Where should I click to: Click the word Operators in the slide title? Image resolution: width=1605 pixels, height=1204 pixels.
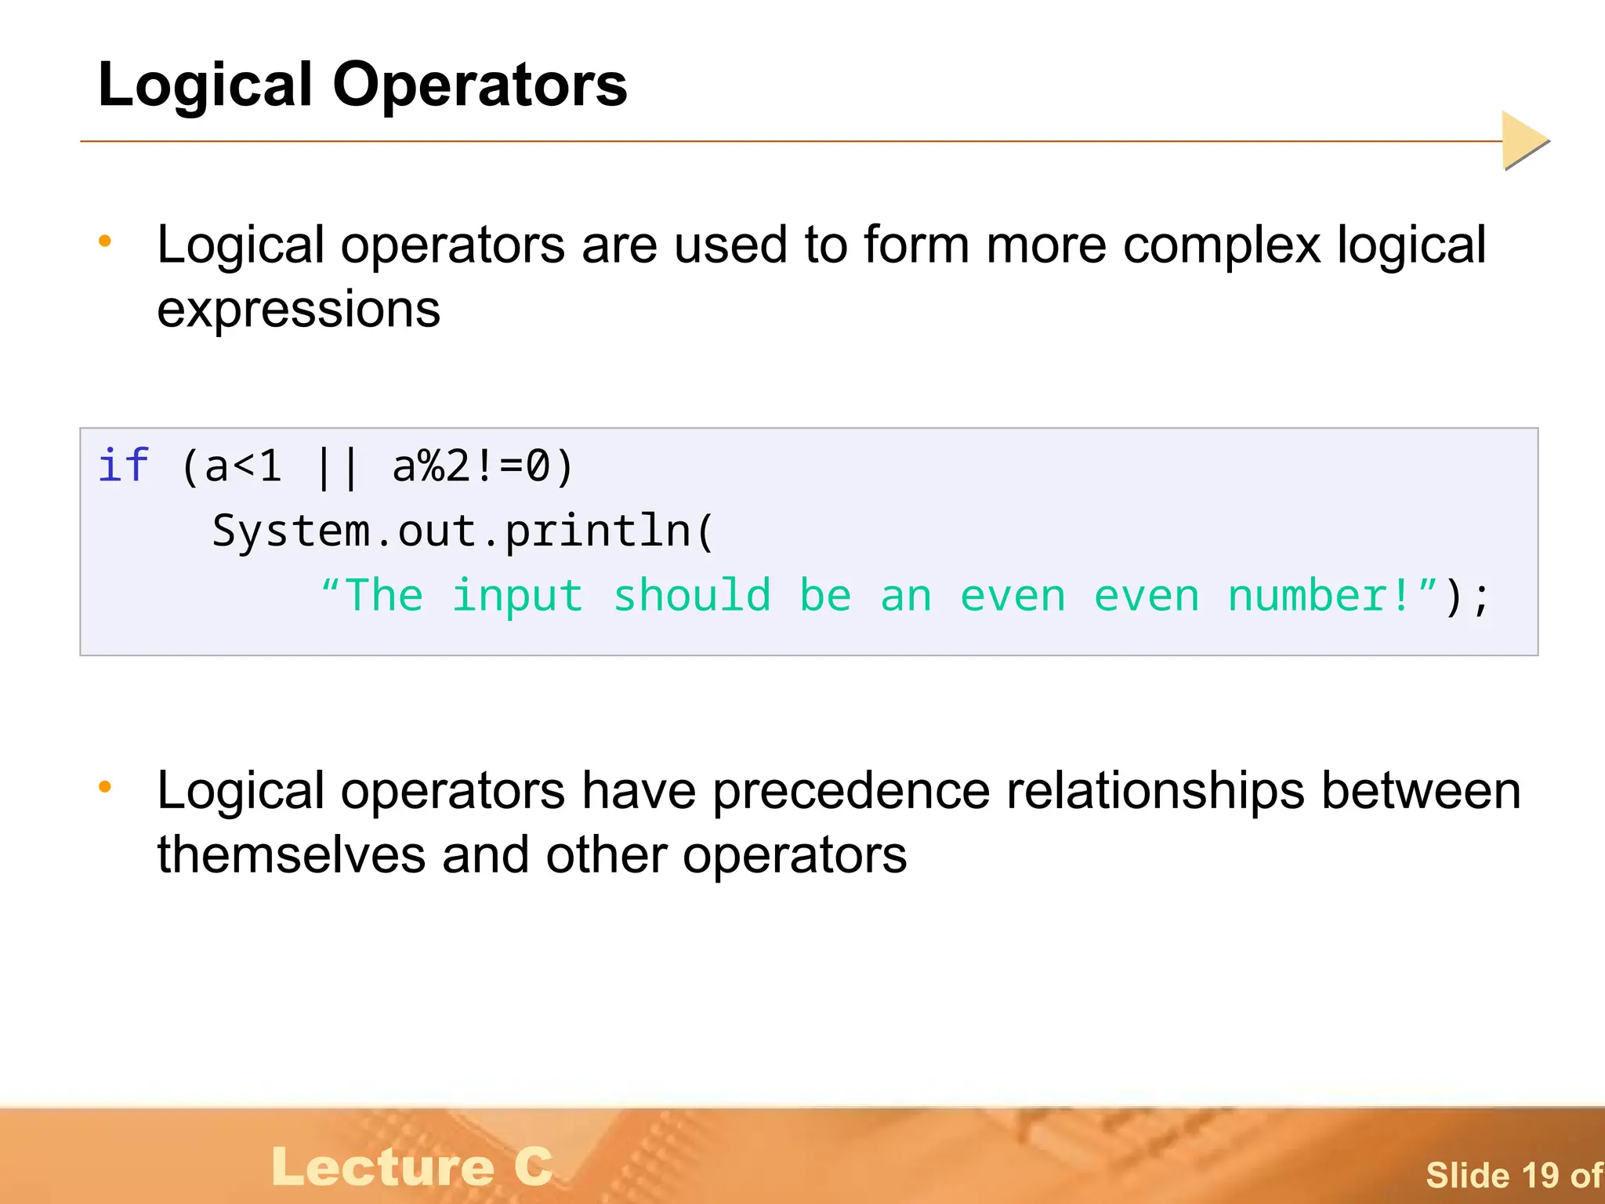(x=480, y=85)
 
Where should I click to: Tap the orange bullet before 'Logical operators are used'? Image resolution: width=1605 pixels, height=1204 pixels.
(x=105, y=241)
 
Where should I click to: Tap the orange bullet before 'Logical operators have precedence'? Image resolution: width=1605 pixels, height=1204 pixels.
(x=105, y=786)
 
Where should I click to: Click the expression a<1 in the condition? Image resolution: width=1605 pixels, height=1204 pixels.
(x=242, y=467)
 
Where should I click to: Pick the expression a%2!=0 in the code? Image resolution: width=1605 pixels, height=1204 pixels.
(x=470, y=467)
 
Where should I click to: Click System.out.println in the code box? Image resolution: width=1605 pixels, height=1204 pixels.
(x=451, y=531)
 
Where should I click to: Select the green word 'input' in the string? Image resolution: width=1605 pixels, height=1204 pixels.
(x=517, y=596)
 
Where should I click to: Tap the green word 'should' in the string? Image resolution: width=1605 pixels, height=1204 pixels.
(x=692, y=596)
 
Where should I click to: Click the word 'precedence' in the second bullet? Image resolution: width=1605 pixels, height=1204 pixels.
(x=851, y=791)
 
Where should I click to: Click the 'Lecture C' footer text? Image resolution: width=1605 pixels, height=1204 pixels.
(x=412, y=1166)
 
